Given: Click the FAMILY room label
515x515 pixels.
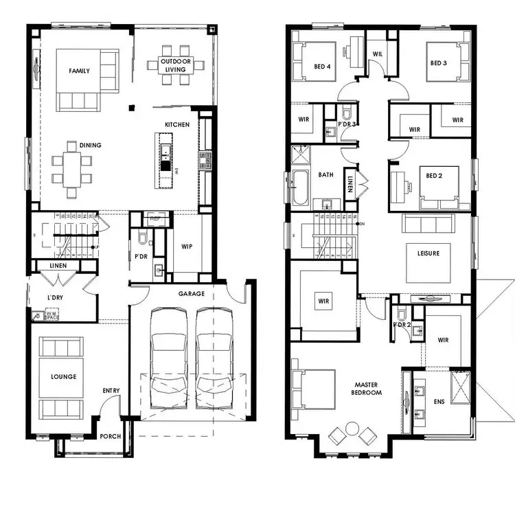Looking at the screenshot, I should coord(79,71).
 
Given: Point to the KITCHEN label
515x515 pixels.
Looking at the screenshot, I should coord(176,124).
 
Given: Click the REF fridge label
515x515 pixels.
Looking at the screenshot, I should coord(154,219).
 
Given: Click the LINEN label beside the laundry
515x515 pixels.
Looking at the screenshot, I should coord(62,266).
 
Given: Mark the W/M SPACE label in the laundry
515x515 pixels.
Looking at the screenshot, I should coord(51,315).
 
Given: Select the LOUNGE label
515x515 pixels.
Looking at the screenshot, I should coord(63,377).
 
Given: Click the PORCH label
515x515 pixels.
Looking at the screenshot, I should coord(110,436).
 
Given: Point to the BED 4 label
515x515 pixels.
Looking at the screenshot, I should coord(323,67).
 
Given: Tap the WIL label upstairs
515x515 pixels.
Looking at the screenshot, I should coord(377,54).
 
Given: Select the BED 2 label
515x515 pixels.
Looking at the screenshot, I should coord(434,176).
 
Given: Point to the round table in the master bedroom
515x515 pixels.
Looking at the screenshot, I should coord(352,428).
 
